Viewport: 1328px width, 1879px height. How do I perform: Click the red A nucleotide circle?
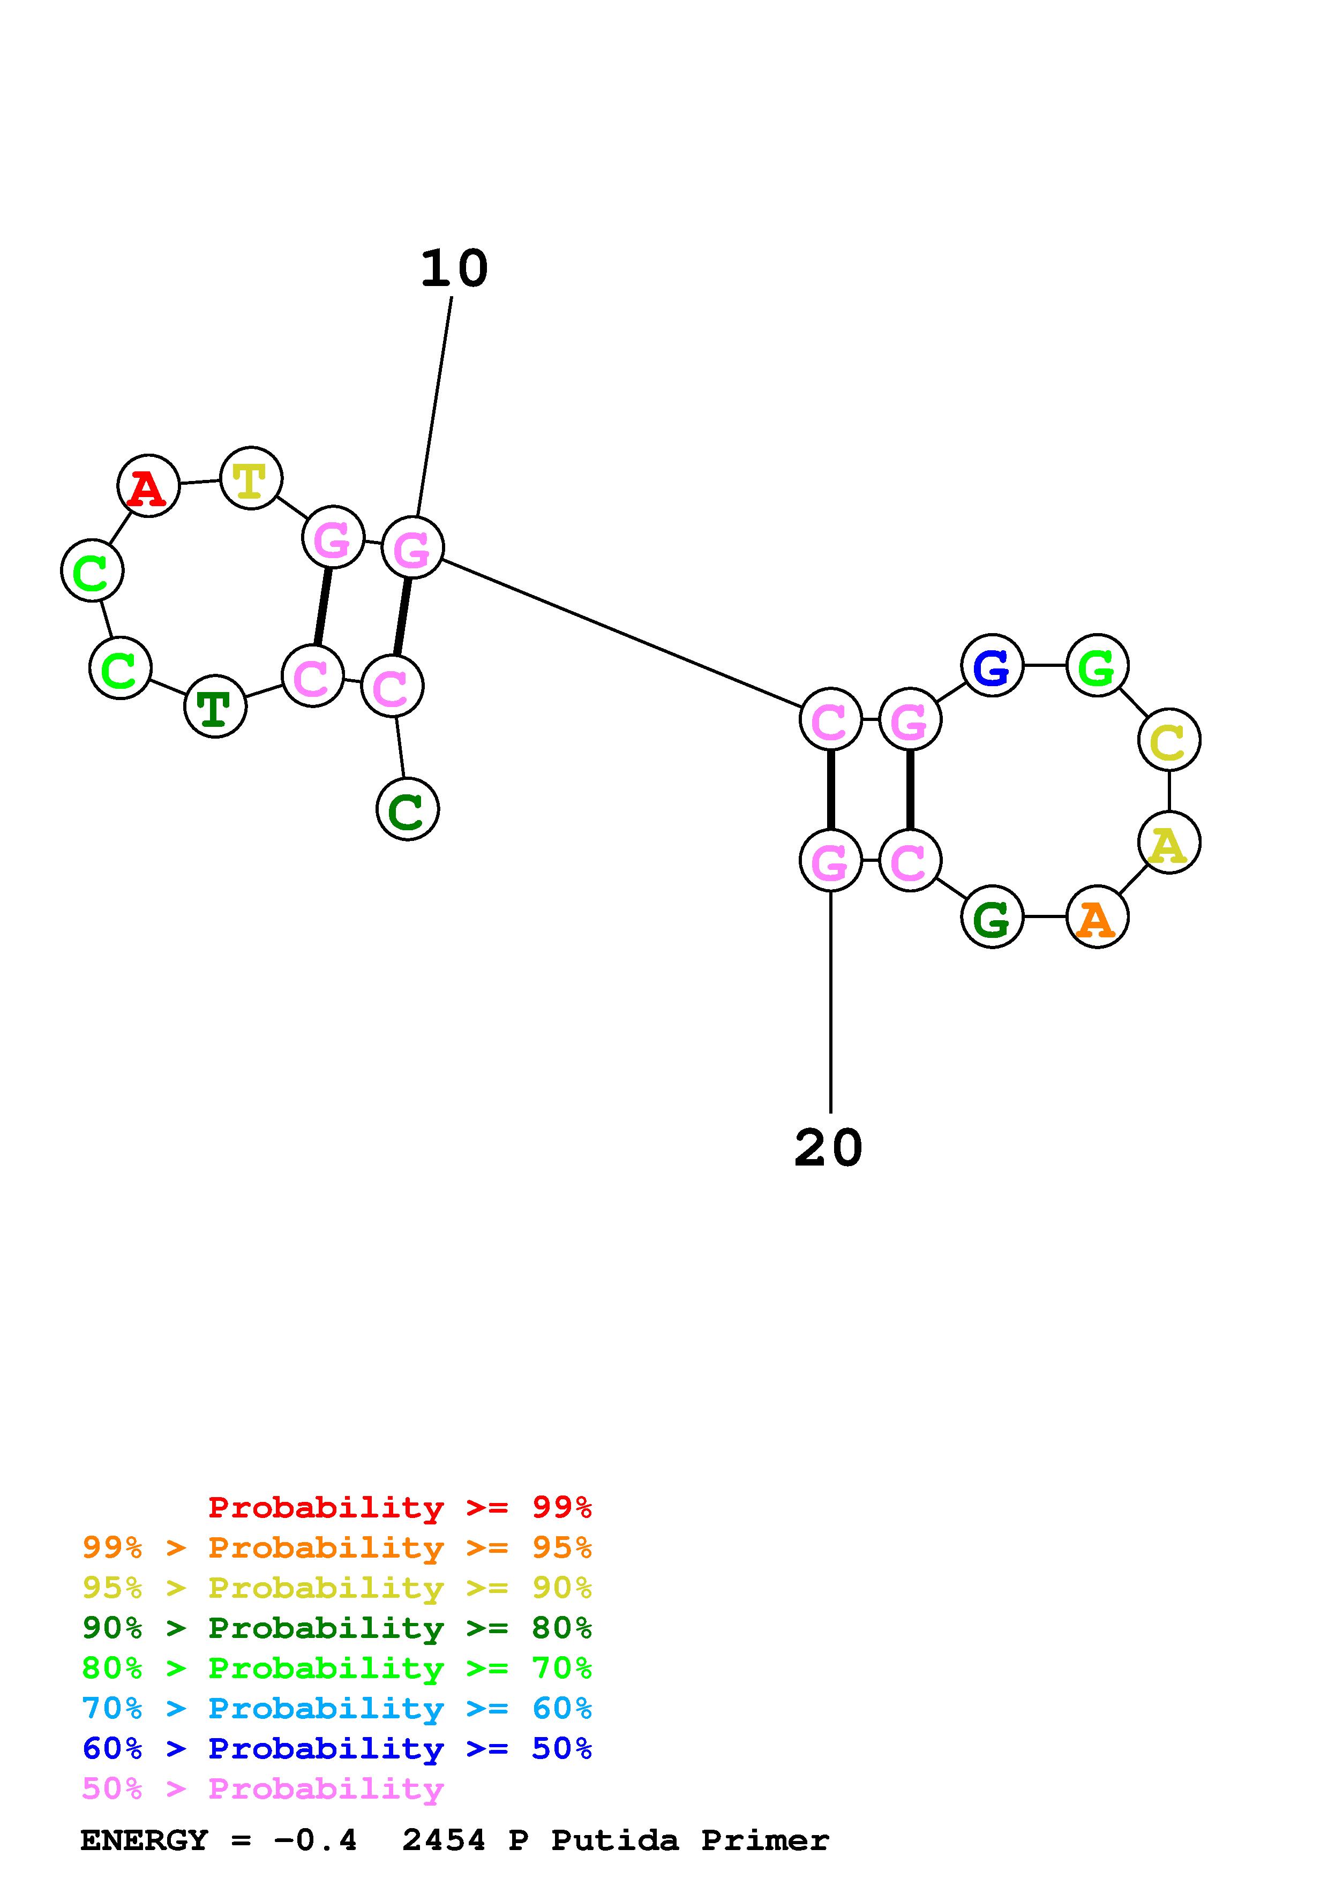pos(148,486)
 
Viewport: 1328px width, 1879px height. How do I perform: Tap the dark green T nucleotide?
pos(215,706)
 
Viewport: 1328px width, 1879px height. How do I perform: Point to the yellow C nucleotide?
pos(1168,740)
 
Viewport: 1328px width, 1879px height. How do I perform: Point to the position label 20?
pos(828,1147)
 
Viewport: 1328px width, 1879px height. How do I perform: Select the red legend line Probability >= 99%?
pos(400,1507)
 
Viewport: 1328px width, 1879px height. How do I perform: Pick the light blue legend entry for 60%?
pos(337,1709)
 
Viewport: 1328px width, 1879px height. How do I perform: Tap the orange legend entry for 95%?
pos(337,1547)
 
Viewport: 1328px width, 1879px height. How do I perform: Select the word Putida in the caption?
pos(614,1840)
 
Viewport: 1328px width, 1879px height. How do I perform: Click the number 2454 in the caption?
pos(444,1840)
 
